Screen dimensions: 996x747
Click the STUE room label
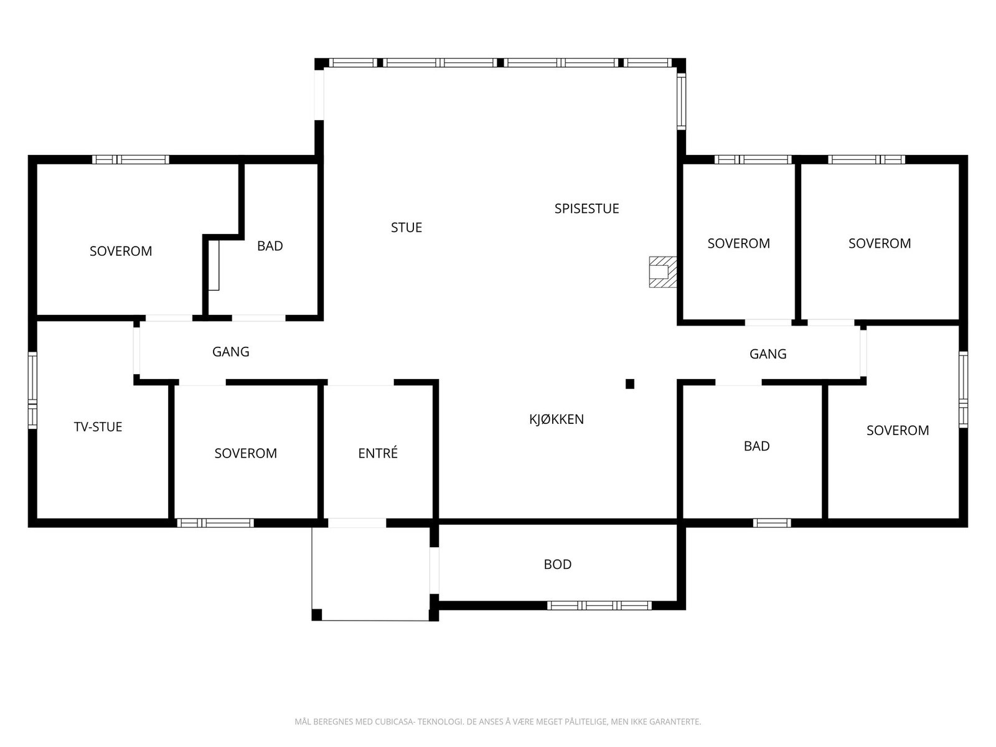[406, 227]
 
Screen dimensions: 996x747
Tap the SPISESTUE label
[586, 208]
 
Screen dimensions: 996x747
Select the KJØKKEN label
[557, 418]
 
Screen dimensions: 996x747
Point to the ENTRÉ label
[377, 452]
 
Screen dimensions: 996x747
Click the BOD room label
[557, 564]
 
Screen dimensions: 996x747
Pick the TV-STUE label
[98, 426]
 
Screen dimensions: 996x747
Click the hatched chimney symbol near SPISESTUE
[662, 271]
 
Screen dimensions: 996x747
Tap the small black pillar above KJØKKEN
[629, 383]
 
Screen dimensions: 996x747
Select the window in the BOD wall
[599, 605]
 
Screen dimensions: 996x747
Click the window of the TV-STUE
[32, 390]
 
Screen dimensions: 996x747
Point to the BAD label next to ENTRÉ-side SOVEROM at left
[270, 245]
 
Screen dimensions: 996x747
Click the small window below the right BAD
[772, 523]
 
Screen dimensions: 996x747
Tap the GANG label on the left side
[230, 352]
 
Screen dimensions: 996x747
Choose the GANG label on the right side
[768, 354]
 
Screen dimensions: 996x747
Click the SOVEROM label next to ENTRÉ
[245, 453]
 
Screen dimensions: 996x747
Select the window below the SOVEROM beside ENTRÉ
[215, 523]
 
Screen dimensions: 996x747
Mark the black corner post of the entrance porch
[317, 614]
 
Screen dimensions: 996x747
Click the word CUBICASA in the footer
[394, 721]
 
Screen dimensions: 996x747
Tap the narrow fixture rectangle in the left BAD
[214, 265]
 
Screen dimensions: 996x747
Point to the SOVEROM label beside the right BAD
[898, 430]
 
